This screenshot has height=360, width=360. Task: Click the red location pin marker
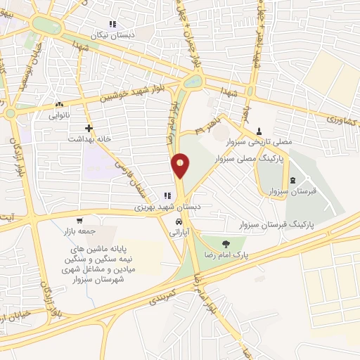point(180,166)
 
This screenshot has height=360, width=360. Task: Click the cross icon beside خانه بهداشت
point(89,128)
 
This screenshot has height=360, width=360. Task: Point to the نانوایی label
point(59,116)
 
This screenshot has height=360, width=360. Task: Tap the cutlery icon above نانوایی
point(58,105)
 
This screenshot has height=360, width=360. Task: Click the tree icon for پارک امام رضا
point(225,244)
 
